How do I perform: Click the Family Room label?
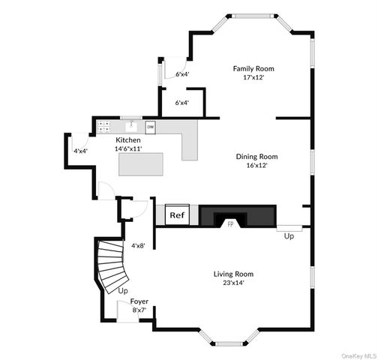253,68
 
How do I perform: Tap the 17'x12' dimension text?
253,77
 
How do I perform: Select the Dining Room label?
257,157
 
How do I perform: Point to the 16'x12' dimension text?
257,166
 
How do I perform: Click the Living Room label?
233,274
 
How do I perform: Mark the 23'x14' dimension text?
234,283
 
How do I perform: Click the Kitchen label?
128,140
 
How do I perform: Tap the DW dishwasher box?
151,127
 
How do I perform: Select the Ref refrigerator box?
177,214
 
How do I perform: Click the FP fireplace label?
230,224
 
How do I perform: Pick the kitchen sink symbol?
131,126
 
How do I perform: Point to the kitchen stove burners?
103,127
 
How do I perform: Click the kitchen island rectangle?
141,164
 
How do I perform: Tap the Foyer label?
139,301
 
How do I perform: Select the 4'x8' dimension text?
139,246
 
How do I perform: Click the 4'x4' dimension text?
80,151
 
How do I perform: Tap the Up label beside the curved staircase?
123,291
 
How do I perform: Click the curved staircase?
112,266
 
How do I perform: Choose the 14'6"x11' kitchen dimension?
128,148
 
